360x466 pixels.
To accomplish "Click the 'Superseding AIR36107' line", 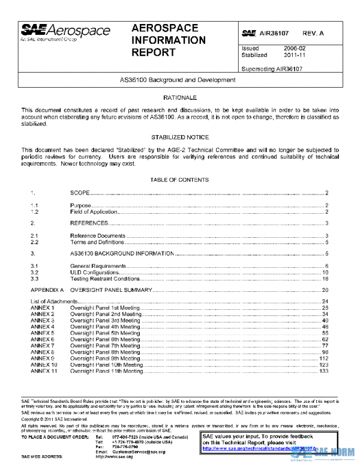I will pos(271,69).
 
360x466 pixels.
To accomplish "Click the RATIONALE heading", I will pos(179,97).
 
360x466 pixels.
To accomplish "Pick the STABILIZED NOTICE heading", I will pos(179,137).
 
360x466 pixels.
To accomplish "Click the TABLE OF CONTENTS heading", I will pos(179,180).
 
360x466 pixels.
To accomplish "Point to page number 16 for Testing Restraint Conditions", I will pos(325,279).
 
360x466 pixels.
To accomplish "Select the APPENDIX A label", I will pos(47,289).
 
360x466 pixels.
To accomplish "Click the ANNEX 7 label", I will pos(42,346).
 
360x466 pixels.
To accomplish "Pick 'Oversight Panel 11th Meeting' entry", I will pos(106,372).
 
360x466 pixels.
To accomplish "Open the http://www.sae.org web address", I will pos(113,456).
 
